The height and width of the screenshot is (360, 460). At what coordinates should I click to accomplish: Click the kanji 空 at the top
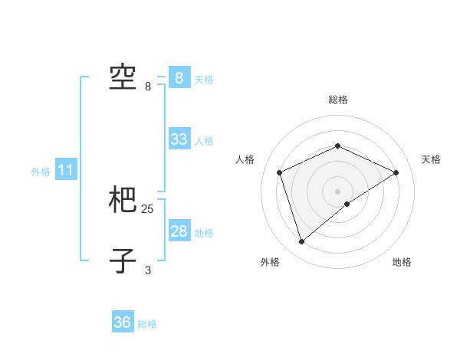pyautogui.click(x=123, y=77)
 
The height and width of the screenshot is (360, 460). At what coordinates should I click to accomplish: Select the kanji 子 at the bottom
pyautogui.click(x=123, y=260)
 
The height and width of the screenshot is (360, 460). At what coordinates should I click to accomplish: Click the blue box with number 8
pyautogui.click(x=179, y=78)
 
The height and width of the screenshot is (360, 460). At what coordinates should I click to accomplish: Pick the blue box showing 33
pyautogui.click(x=179, y=139)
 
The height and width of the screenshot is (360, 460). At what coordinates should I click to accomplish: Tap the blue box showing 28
pyautogui.click(x=179, y=231)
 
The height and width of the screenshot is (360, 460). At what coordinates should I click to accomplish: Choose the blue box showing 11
pyautogui.click(x=65, y=171)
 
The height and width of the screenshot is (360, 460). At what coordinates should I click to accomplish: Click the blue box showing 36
pyautogui.click(x=123, y=322)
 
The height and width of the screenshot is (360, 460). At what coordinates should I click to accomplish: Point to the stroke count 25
pyautogui.click(x=148, y=208)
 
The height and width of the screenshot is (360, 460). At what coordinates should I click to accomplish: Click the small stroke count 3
pyautogui.click(x=148, y=270)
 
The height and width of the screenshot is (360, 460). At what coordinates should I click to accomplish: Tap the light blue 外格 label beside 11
pyautogui.click(x=41, y=172)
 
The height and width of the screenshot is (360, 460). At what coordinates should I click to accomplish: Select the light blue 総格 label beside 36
pyautogui.click(x=147, y=324)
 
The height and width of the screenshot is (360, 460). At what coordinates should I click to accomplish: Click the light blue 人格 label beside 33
pyautogui.click(x=204, y=141)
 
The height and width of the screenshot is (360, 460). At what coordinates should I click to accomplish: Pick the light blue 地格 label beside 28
pyautogui.click(x=204, y=233)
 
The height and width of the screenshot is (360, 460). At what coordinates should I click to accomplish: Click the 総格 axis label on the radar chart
pyautogui.click(x=337, y=100)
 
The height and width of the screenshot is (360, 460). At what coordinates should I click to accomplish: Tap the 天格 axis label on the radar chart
pyautogui.click(x=431, y=159)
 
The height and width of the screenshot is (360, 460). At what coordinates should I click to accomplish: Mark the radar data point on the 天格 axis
pyautogui.click(x=396, y=172)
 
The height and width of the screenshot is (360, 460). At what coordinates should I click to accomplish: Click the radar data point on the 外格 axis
pyautogui.click(x=301, y=242)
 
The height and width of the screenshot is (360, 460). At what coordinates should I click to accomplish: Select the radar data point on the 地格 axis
pyautogui.click(x=347, y=204)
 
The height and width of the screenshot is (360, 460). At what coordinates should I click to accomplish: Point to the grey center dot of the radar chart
pyautogui.click(x=337, y=191)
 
